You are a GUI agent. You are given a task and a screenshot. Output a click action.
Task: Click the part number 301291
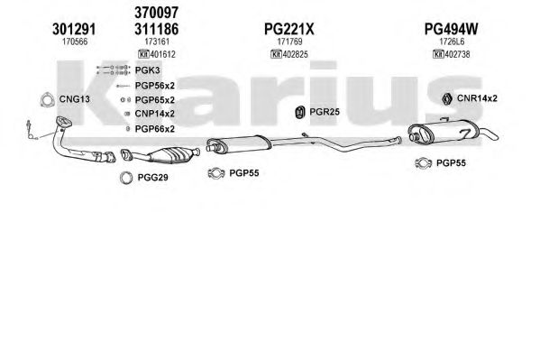tap(74, 29)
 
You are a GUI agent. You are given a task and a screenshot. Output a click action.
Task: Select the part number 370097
tap(156, 13)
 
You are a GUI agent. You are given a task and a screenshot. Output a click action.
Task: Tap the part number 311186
tap(156, 29)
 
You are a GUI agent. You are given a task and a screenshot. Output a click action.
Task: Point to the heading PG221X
tap(289, 29)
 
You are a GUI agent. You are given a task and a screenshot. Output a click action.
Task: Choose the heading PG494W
tap(451, 29)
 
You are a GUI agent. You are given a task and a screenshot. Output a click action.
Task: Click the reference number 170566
tap(75, 42)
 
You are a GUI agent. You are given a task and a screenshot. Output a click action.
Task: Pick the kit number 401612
tap(162, 54)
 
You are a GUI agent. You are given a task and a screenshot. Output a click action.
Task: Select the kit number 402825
tap(295, 54)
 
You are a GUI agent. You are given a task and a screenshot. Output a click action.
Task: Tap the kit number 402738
tap(457, 54)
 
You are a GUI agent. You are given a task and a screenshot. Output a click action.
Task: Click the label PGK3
tap(148, 70)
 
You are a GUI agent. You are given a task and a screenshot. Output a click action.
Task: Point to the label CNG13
tap(75, 99)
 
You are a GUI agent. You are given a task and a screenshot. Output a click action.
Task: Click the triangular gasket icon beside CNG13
tap(47, 99)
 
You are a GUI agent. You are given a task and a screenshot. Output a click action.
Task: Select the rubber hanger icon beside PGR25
tap(300, 112)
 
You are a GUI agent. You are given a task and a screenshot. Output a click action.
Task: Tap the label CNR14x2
tap(477, 98)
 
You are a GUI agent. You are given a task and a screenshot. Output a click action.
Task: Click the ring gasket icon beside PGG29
tap(126, 178)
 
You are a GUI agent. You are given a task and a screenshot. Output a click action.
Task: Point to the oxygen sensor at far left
tap(31, 130)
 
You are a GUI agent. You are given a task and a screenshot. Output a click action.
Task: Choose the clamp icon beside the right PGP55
tap(423, 163)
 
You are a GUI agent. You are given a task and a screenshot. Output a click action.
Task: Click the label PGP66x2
tap(155, 129)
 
